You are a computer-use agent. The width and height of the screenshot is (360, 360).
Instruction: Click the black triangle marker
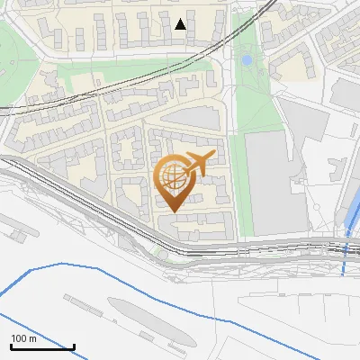pos(181,24)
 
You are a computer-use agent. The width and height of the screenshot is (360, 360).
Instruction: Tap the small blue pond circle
pos(247,60)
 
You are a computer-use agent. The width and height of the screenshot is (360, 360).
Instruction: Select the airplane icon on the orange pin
pos(198,164)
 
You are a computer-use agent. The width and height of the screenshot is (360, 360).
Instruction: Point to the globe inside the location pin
pos(174,179)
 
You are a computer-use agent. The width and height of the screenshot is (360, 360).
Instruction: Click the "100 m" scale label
pos(24,338)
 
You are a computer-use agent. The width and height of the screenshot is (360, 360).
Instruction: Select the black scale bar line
pos(42,347)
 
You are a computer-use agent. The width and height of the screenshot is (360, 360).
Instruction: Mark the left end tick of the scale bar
pos(11,346)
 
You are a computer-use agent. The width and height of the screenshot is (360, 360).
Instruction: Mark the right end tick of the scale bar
pos(74,346)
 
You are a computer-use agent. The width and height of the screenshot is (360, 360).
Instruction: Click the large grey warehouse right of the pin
pos(270,184)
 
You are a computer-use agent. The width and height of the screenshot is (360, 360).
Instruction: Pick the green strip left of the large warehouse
pos(237,180)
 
